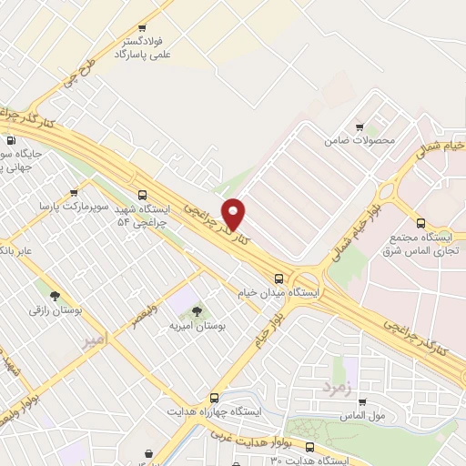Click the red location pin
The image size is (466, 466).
tap(233, 213)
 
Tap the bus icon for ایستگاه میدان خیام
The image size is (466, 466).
tap(279, 279)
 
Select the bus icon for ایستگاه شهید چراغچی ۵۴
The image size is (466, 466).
tap(141, 194)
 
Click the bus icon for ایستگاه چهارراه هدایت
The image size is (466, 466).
tap(214, 398)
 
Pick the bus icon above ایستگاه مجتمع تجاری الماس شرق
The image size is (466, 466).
tap(420, 223)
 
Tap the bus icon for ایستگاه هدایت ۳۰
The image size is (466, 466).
tap(310, 447)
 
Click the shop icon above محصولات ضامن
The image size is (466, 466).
tap(360, 127)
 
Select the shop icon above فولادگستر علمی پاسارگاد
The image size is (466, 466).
tap(140, 29)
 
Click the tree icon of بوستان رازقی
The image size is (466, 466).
tap(55, 296)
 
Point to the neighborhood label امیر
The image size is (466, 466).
tap(95, 339)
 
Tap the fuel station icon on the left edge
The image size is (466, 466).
tap(11, 141)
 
